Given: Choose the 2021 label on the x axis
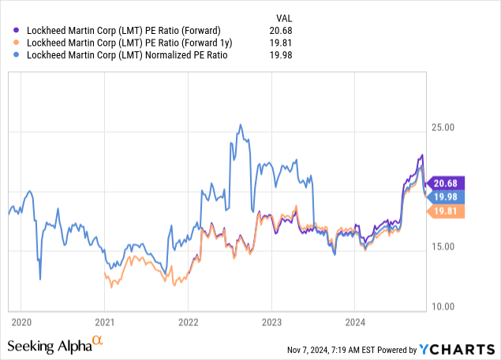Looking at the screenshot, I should tap(105, 322).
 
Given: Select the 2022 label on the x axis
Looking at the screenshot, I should tap(188, 322).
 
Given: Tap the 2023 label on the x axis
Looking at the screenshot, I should tap(271, 322).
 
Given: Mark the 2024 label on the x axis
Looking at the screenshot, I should tap(354, 322).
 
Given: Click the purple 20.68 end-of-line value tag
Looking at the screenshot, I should tap(447, 183).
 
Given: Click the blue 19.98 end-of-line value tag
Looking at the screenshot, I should tap(447, 197).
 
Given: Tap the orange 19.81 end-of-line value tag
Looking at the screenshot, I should tap(447, 212).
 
